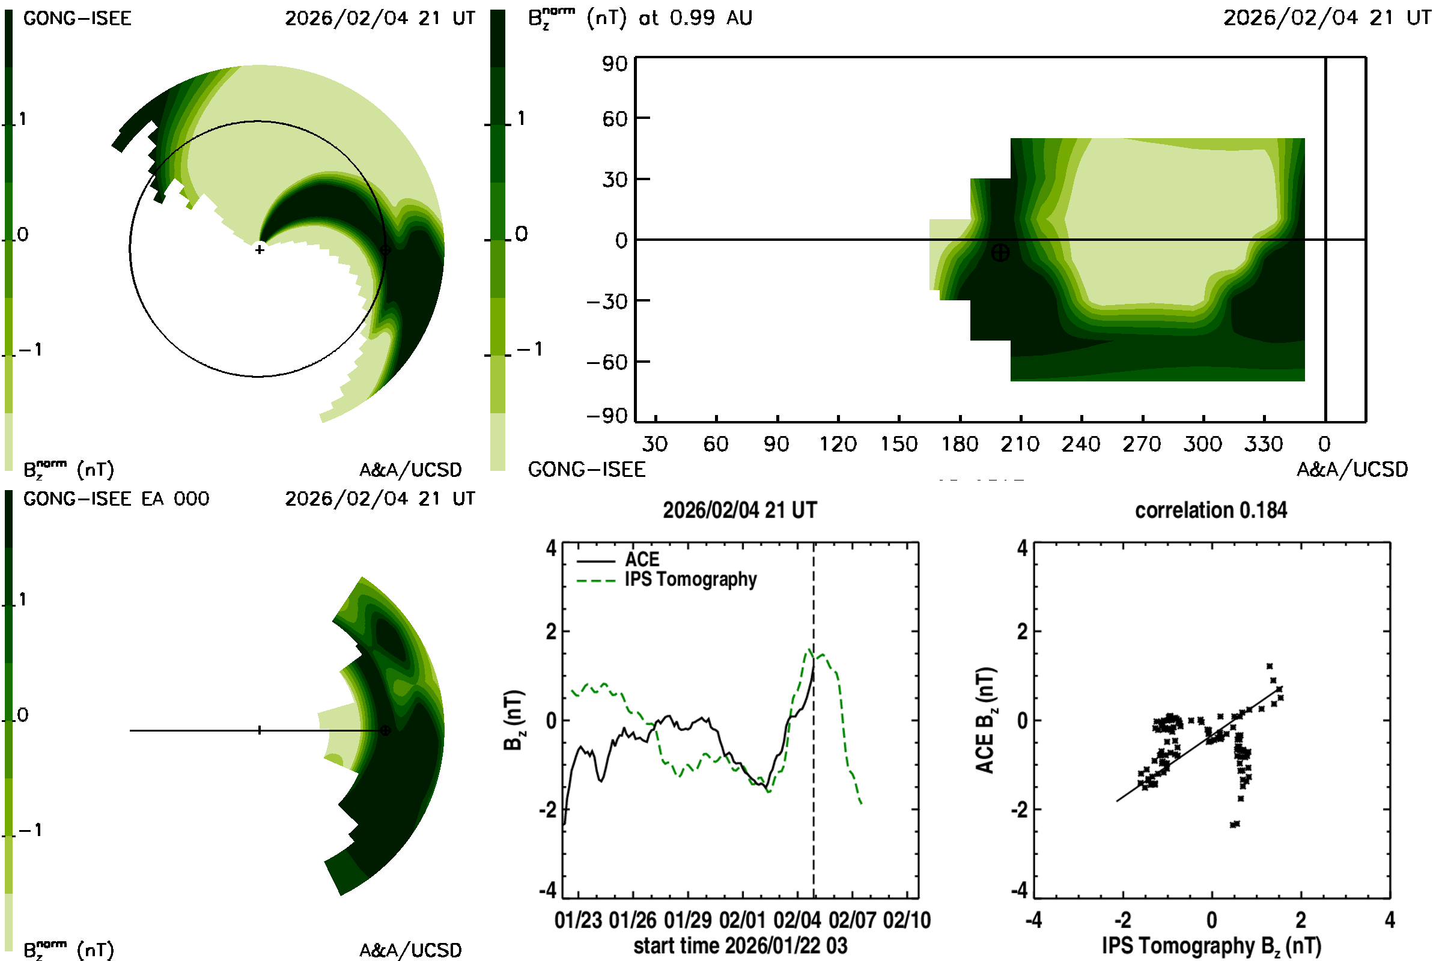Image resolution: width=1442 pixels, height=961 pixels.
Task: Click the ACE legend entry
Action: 641,560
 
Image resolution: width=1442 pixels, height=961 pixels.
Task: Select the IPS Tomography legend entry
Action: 690,580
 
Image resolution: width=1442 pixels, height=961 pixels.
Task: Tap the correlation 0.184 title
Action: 1211,511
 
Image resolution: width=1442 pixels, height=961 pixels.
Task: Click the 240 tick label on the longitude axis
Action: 1081,444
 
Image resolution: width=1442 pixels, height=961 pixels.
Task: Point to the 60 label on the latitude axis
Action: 615,118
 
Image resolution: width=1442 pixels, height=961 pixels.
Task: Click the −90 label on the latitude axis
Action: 607,417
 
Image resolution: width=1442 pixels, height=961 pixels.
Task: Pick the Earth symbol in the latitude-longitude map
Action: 1000,252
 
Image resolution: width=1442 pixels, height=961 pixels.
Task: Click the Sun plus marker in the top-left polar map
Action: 260,250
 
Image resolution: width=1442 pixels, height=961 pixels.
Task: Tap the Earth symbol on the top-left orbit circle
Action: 385,250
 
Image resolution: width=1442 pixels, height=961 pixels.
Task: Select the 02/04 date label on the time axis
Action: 797,921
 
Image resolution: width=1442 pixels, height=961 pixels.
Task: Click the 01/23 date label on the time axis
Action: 578,921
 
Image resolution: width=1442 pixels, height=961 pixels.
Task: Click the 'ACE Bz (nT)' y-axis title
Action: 985,720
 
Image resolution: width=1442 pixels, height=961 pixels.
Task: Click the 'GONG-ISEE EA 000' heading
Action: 116,499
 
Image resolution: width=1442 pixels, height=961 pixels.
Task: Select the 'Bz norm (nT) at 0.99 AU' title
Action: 640,18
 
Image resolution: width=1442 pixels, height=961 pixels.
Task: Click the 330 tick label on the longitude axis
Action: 1263,444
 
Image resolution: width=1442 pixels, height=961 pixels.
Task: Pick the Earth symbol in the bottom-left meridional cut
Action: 385,730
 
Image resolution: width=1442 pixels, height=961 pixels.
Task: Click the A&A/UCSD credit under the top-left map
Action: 410,470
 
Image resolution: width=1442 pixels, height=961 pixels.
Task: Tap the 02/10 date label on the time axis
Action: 907,921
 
